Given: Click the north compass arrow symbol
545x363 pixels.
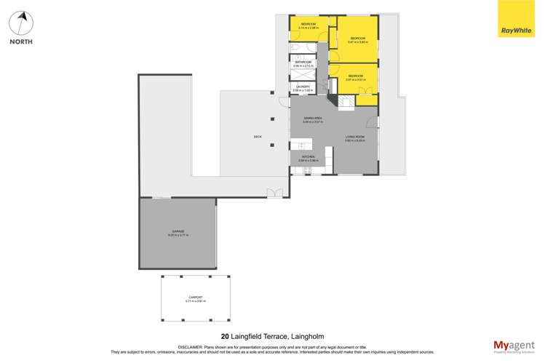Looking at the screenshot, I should [21, 22].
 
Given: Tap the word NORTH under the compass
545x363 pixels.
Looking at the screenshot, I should [21, 41].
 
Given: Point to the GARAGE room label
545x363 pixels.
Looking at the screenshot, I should [178, 233].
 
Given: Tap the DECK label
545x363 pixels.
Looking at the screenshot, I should [257, 136].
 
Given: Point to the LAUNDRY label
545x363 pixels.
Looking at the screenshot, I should [303, 88].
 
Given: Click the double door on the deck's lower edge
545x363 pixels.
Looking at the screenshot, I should [275, 193].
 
